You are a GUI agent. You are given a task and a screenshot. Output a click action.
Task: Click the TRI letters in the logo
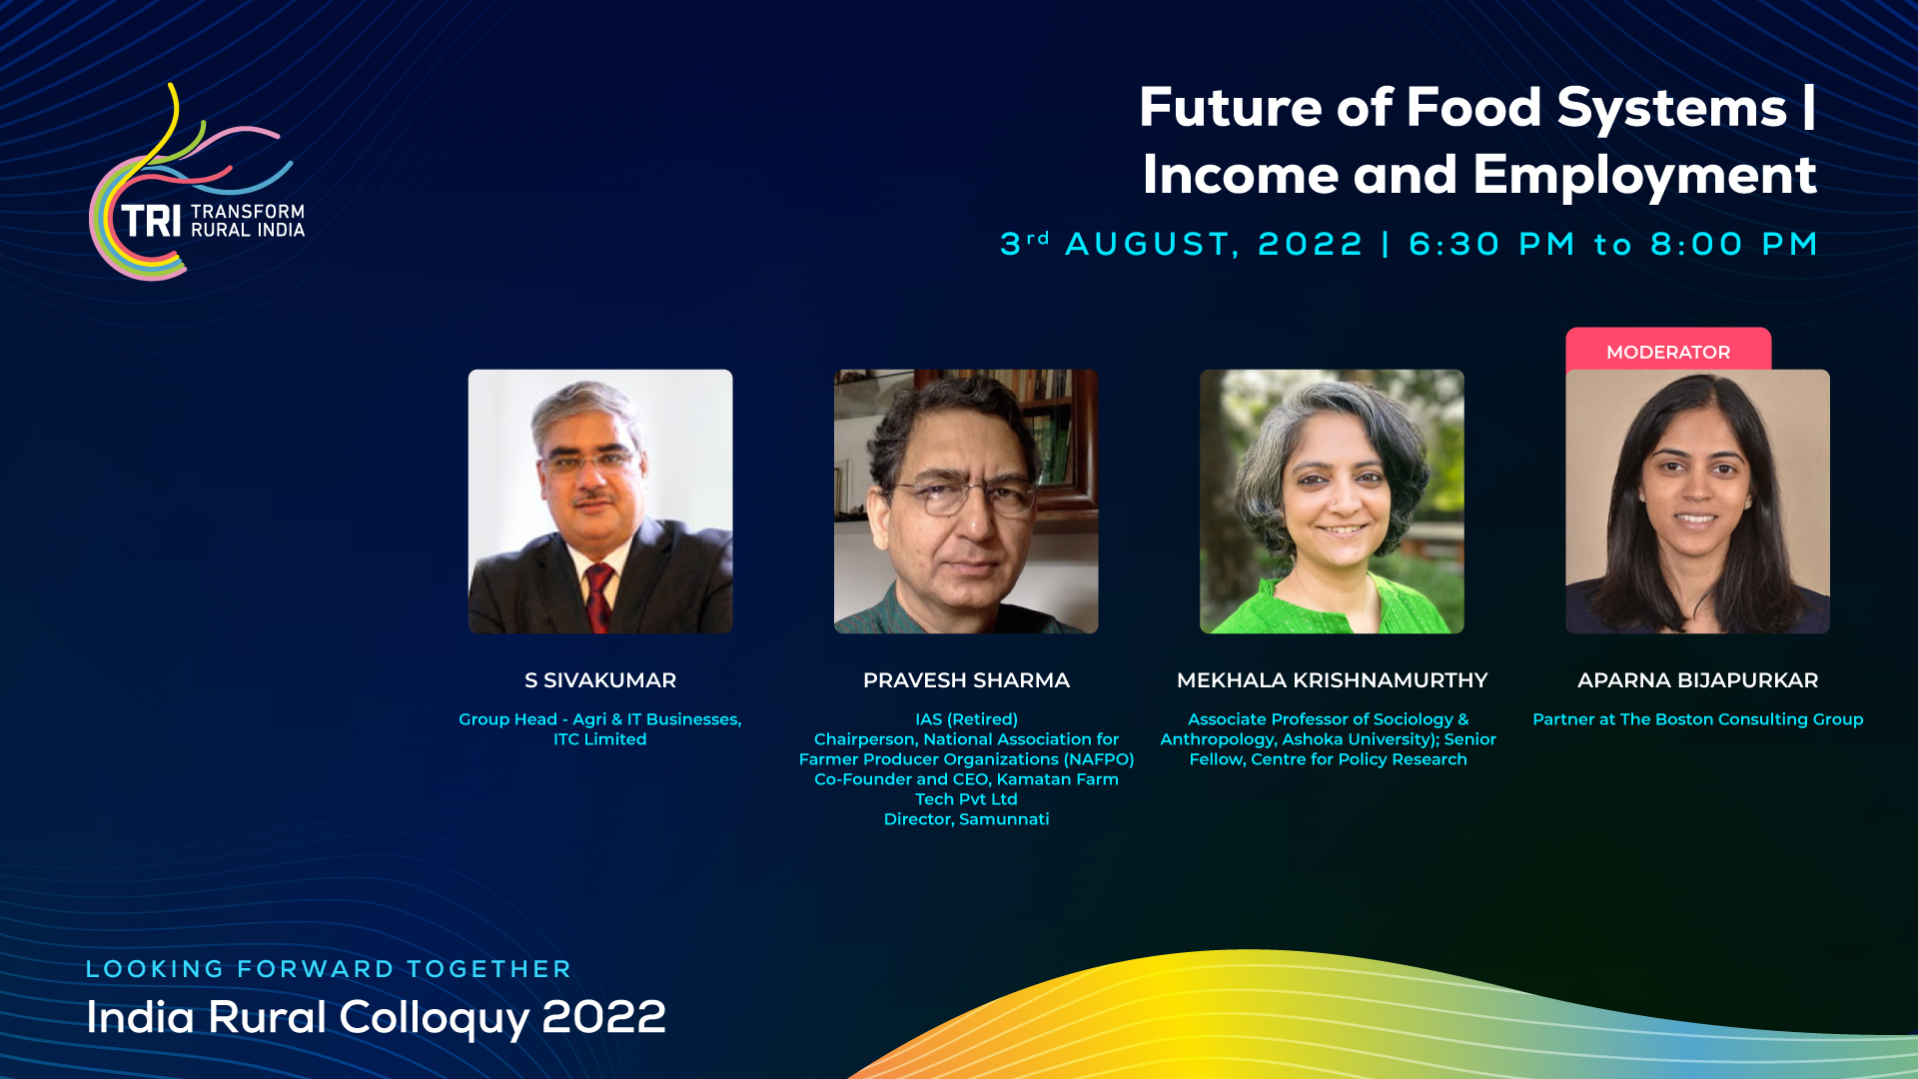(151, 222)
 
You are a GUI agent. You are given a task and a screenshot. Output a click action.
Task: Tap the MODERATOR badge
(1668, 350)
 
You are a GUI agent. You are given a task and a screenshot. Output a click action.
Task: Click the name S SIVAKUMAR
(600, 680)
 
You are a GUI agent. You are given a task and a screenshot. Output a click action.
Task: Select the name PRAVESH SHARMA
(966, 680)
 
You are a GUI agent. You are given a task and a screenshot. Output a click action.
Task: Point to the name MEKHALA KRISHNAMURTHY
(1332, 680)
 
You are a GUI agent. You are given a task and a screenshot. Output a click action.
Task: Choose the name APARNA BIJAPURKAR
(1697, 680)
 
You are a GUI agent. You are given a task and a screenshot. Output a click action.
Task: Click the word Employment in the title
(1644, 176)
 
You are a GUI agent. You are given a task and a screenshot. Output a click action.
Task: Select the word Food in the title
(1474, 108)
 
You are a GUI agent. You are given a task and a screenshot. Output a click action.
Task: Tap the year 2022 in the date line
(1310, 244)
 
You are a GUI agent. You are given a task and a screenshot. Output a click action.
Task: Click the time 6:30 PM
(1491, 244)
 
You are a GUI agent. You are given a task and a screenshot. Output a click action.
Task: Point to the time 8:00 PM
(1733, 244)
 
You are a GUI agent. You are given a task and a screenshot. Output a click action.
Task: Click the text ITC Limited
(600, 739)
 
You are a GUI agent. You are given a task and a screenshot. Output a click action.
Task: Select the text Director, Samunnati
(966, 819)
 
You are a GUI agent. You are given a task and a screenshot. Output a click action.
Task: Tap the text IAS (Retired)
(966, 719)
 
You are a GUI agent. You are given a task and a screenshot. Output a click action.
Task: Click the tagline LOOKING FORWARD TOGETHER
(329, 969)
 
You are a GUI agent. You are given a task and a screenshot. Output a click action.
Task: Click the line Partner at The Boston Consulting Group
(1697, 719)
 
